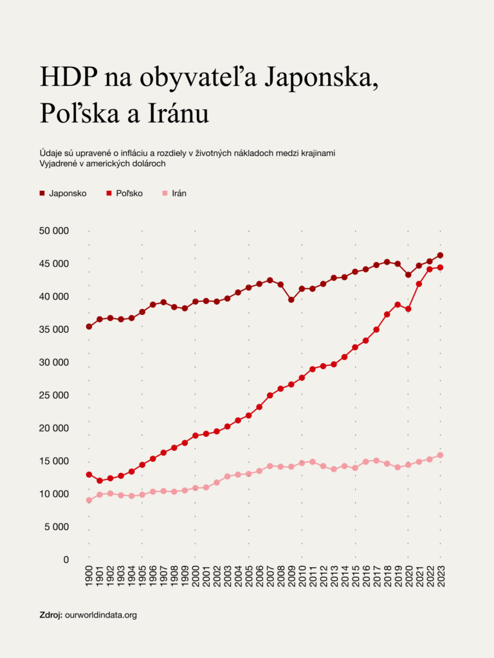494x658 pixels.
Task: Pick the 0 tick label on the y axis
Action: (x=66, y=560)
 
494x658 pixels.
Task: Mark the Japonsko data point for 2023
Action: (x=440, y=255)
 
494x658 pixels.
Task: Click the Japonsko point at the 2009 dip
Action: (x=291, y=299)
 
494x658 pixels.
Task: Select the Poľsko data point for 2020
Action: (x=408, y=309)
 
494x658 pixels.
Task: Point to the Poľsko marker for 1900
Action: (x=89, y=474)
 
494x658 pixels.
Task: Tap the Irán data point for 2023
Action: (x=440, y=455)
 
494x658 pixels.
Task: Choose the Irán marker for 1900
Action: (x=89, y=500)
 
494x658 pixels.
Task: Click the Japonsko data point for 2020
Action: (x=408, y=275)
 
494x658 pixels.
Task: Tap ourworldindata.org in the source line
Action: (x=101, y=615)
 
